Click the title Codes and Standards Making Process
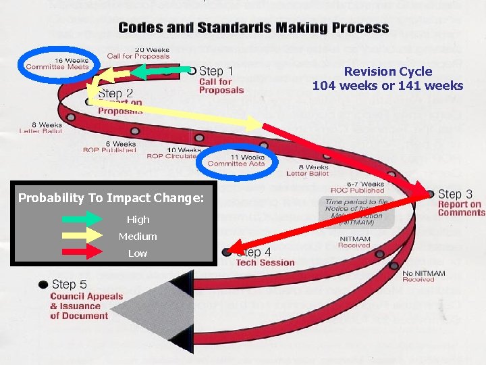[x=253, y=28]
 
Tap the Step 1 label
[x=216, y=71]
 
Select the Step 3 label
[x=460, y=195]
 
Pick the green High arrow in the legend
[x=82, y=219]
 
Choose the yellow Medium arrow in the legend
[x=82, y=236]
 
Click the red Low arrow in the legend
[x=82, y=253]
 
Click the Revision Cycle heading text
[x=387, y=72]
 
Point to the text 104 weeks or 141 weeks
[x=387, y=86]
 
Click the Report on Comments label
[x=461, y=208]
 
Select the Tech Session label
[x=265, y=263]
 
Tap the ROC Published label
[x=357, y=191]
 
